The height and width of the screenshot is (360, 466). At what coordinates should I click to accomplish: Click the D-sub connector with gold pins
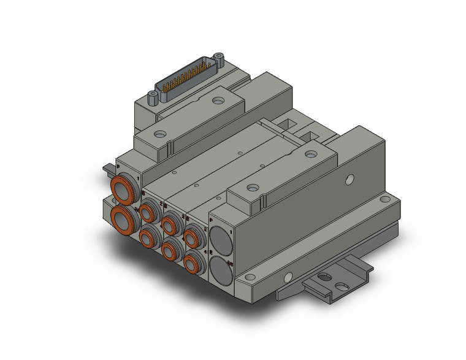click(186, 80)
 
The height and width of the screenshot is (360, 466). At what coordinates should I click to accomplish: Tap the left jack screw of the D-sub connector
click(151, 96)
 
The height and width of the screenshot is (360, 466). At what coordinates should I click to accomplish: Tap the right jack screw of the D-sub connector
click(218, 59)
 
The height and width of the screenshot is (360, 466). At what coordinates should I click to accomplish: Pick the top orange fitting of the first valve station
click(148, 212)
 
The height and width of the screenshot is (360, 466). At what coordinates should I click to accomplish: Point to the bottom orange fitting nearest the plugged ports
click(194, 262)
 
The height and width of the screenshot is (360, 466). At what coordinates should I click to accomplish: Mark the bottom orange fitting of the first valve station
click(148, 237)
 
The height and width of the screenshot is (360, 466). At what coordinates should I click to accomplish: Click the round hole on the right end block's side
click(349, 180)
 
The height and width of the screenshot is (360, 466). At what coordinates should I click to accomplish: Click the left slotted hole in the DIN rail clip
click(324, 277)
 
